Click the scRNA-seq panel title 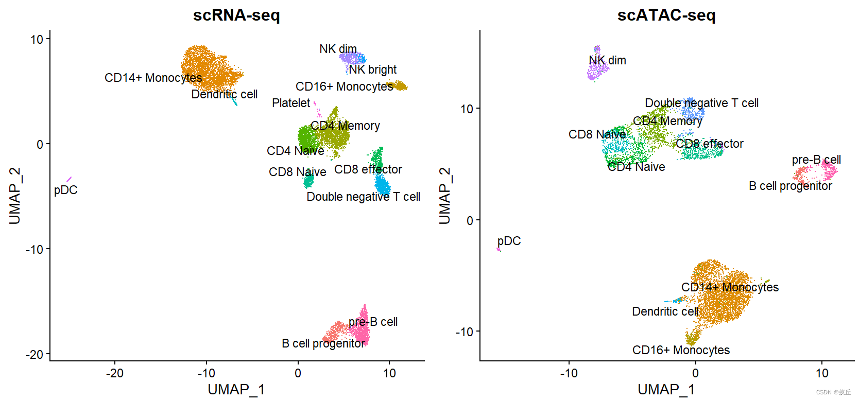click(x=236, y=15)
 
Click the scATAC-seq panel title click(x=666, y=15)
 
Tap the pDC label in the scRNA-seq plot click(x=65, y=190)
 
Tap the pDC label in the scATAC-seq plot click(x=509, y=241)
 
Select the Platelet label click(x=291, y=103)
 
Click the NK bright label click(x=373, y=69)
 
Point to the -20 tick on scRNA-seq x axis click(x=114, y=373)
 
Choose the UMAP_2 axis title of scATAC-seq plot click(x=444, y=196)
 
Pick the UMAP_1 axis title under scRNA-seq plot click(x=236, y=389)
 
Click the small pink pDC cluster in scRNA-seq click(x=69, y=179)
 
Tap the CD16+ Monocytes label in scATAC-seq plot click(x=681, y=350)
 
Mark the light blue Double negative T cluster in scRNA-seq click(x=382, y=184)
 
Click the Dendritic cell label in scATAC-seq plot click(x=665, y=311)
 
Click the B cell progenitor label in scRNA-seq click(x=323, y=343)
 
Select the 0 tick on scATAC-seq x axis click(x=695, y=373)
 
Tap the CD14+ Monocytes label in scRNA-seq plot click(x=153, y=78)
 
